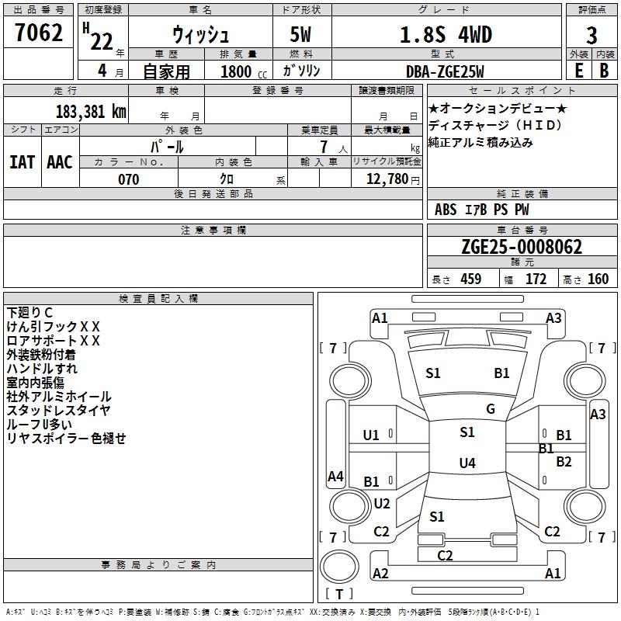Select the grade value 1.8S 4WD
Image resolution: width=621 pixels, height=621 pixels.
pos(446,35)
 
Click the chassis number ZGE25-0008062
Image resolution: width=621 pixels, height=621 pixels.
pos(521,247)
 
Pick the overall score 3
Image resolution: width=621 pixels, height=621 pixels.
pos(592,35)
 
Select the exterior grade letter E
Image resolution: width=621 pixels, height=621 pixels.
pos(578,71)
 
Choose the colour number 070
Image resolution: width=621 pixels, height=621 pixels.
pos(128,179)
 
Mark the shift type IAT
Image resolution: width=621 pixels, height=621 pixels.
pos(22,161)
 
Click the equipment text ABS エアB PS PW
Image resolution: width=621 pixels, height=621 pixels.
pos(481,210)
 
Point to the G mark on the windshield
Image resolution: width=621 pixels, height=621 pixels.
pos(491,409)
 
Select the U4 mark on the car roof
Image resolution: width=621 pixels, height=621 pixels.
pos(467,463)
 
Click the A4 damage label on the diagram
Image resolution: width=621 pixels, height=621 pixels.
pos(335,477)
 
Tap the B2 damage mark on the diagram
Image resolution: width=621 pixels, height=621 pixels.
pos(564,461)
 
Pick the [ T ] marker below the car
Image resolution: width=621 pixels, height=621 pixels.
pos(339,595)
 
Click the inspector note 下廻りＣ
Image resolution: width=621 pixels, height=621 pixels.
pos(30,312)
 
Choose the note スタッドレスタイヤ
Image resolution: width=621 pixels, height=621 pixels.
pos(59,410)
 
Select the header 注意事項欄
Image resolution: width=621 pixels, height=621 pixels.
pos(213,231)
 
